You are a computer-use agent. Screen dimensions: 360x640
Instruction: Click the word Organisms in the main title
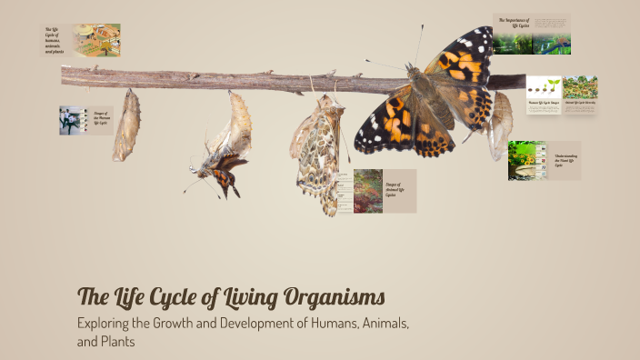(x=322, y=296)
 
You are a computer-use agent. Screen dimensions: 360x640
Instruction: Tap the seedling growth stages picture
(x=543, y=87)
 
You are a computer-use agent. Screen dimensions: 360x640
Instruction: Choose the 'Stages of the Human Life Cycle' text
(x=100, y=119)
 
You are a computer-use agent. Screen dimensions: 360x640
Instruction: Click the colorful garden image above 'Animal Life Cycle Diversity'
(x=579, y=87)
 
